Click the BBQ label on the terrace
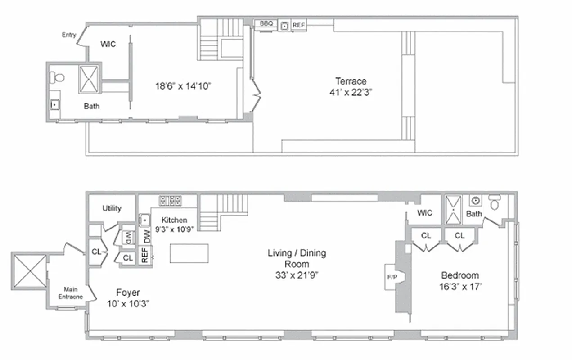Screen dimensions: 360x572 tap(266, 23)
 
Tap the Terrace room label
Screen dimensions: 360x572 tap(351, 81)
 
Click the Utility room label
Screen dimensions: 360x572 tap(112, 208)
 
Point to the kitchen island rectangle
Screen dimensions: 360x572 tap(189, 253)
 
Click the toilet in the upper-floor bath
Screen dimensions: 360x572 tap(56, 77)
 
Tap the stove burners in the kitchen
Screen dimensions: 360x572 tap(170, 201)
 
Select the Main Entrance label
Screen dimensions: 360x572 tap(71, 293)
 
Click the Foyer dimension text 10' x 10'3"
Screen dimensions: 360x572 tap(128, 304)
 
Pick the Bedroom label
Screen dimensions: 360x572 tap(459, 275)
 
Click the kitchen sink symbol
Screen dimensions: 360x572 tap(145, 220)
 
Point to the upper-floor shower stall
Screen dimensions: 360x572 tap(89, 79)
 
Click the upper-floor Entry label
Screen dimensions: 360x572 tap(69, 35)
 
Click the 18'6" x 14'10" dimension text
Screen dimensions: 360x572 tap(183, 86)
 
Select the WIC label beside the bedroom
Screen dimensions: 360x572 tap(424, 212)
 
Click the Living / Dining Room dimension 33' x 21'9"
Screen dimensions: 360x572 tap(297, 275)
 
